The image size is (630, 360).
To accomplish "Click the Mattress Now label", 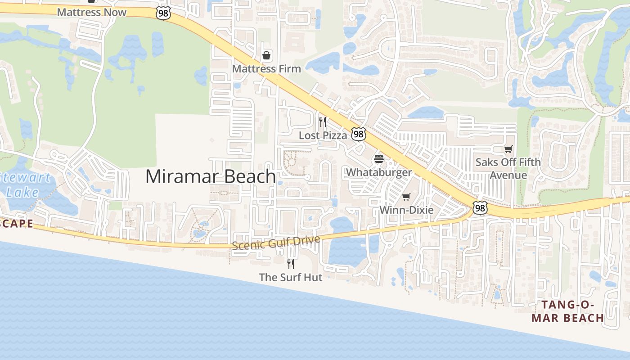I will [92, 12].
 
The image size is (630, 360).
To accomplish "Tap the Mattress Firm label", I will [266, 69].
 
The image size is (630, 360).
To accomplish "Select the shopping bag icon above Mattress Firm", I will [266, 55].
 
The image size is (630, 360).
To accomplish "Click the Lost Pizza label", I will [323, 135].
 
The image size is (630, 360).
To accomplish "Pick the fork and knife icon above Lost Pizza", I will [323, 121].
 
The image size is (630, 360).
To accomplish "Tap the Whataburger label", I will [378, 172].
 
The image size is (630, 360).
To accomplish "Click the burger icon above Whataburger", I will [378, 159].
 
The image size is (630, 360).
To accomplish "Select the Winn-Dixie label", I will [406, 210].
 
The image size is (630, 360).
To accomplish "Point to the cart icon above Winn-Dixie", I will [406, 197].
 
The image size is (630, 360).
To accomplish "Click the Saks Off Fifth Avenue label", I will [508, 168].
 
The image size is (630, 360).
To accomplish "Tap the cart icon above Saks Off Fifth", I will [508, 149].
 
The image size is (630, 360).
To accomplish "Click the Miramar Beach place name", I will [211, 176].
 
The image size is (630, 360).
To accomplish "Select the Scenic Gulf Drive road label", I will [276, 243].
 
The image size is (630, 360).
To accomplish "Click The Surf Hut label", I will [291, 277].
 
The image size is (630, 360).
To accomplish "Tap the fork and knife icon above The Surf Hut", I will [291, 264].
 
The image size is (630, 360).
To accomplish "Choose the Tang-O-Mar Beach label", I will [567, 311].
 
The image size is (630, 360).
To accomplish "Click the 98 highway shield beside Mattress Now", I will [163, 13].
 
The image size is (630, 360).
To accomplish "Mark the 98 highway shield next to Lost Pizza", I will [359, 134].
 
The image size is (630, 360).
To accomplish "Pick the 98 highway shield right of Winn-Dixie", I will [480, 208].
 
